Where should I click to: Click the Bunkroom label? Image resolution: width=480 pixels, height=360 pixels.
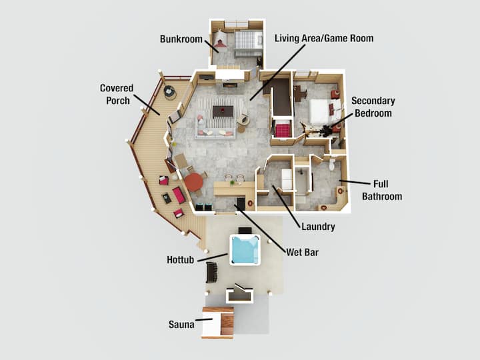[x=181, y=39]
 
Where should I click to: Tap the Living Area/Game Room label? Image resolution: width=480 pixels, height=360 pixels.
[x=324, y=38]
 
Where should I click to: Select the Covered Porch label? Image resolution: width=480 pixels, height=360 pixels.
[x=117, y=94]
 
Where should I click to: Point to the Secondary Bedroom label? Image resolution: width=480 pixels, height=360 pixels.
[x=373, y=107]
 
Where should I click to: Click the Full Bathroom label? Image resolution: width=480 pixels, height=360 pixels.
[x=382, y=190]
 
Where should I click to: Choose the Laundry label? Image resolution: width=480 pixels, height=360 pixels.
[x=318, y=227]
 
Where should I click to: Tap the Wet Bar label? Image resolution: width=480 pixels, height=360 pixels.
[x=302, y=252]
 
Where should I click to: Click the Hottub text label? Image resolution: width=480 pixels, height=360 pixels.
[x=181, y=260]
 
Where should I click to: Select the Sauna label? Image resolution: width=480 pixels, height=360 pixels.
[x=181, y=325]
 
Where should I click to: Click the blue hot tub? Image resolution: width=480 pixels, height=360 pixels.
[x=245, y=250]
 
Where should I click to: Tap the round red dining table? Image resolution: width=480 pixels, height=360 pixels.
[x=194, y=182]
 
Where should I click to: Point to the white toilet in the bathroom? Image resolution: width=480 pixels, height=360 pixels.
[x=332, y=164]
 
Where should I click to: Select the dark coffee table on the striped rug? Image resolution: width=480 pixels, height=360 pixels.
[x=223, y=111]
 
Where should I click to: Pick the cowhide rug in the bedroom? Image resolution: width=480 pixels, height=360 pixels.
[x=317, y=130]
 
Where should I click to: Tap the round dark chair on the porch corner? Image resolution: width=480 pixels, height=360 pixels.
[x=169, y=91]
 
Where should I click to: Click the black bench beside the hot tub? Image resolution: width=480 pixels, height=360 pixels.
[x=211, y=273]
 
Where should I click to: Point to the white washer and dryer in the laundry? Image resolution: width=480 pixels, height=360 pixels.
[x=287, y=179]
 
